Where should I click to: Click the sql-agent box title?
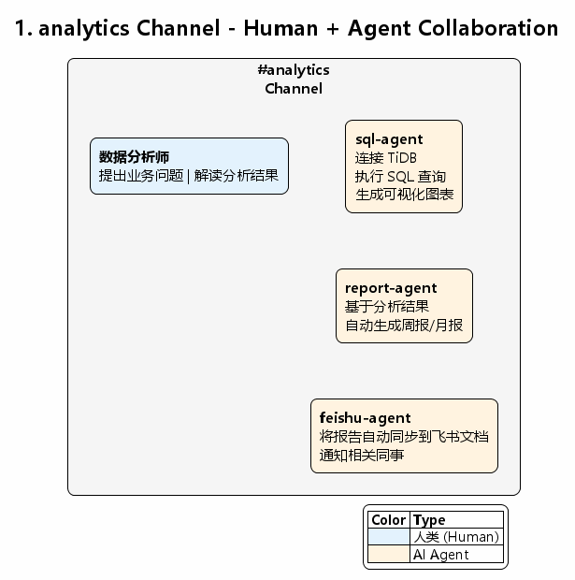(389, 139)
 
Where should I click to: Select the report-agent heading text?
(391, 288)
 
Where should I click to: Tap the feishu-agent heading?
(365, 418)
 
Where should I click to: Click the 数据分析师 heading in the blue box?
(134, 157)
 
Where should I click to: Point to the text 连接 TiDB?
(386, 158)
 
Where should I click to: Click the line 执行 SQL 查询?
(400, 177)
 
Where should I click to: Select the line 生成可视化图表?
(405, 195)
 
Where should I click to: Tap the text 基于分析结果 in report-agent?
(387, 307)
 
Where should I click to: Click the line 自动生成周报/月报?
(404, 326)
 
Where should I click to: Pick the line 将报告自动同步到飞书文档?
(404, 437)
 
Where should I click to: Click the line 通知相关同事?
(362, 455)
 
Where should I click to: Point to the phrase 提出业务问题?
(141, 176)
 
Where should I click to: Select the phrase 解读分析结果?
(237, 176)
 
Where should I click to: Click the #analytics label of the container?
(294, 70)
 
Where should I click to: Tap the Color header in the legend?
(388, 520)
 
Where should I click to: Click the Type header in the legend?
(429, 520)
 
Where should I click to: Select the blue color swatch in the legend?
(389, 537)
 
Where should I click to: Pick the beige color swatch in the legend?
(389, 555)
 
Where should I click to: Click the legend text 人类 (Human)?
(456, 537)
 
